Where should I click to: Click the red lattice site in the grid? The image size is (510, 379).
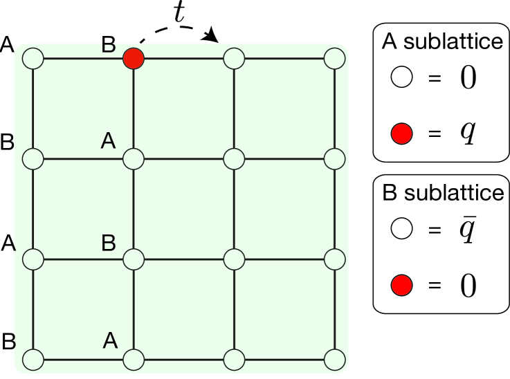(x=133, y=59)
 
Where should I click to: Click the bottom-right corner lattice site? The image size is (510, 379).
(x=335, y=359)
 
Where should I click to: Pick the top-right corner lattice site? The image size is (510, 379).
(x=335, y=59)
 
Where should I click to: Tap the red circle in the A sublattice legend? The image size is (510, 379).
(x=402, y=132)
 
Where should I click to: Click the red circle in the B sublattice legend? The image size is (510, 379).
(x=402, y=284)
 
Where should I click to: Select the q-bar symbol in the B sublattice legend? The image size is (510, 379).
(x=468, y=231)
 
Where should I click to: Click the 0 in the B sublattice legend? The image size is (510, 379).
(x=468, y=284)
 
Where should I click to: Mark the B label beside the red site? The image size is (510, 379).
(x=109, y=45)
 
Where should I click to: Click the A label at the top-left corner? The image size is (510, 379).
(x=8, y=45)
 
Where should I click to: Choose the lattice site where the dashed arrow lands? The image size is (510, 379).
(x=234, y=59)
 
